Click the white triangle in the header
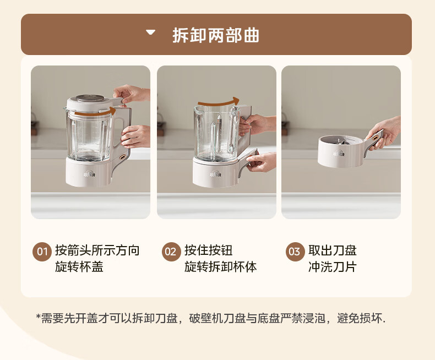coord(151,32)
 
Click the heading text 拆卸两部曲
coord(216,35)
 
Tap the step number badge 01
coord(42,252)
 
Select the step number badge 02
coord(171,252)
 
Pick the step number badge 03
coord(295,252)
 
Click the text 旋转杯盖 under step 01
coord(79,267)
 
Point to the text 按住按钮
coord(209,250)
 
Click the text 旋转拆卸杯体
coord(221,267)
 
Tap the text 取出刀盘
coord(333,250)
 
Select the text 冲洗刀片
coord(333,267)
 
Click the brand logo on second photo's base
coord(215,174)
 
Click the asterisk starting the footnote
coord(39,317)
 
